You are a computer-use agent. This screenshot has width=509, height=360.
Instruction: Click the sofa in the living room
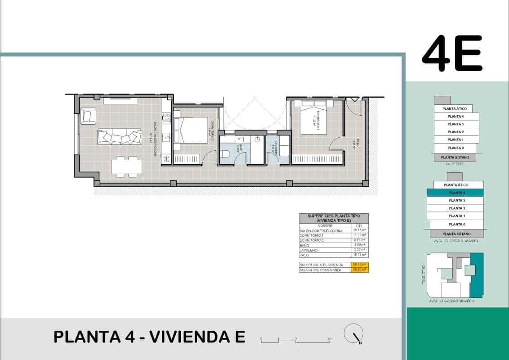pyautogui.click(x=120, y=137)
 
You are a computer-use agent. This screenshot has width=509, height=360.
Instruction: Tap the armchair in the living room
pyautogui.click(x=89, y=116)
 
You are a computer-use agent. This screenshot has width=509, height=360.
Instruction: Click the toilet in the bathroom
pyautogui.click(x=225, y=155)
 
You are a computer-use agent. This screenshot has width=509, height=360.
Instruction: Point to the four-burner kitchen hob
pyautogui.click(x=166, y=118)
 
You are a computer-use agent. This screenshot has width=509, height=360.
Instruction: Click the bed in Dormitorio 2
pyautogui.click(x=191, y=130)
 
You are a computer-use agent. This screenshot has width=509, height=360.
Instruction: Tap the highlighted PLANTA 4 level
pyautogui.click(x=455, y=192)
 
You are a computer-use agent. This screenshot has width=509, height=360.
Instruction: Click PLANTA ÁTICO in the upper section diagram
pyautogui.click(x=454, y=108)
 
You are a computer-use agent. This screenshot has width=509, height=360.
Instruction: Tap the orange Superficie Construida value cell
pyautogui.click(x=359, y=270)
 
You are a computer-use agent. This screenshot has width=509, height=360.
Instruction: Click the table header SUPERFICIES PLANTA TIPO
pyautogui.click(x=334, y=218)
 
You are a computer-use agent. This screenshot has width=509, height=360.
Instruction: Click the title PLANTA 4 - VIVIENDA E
pyautogui.click(x=149, y=337)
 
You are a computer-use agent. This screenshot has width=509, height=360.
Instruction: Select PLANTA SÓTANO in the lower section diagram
pyautogui.click(x=456, y=234)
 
